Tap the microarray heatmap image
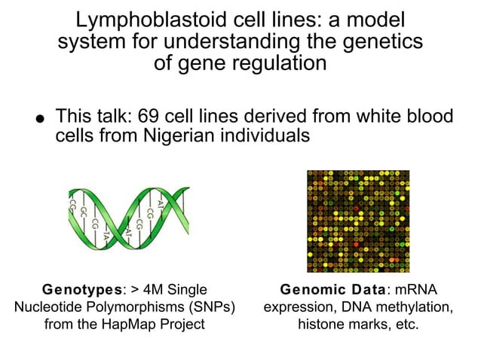coord(358,221)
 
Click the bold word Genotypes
coord(72,290)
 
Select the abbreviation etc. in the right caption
coord(404,325)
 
